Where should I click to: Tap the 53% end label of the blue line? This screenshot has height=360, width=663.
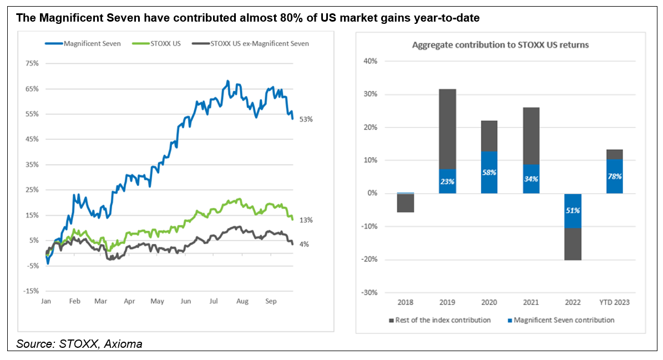pyautogui.click(x=306, y=119)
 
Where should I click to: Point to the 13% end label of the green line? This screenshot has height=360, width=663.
pyautogui.click(x=306, y=220)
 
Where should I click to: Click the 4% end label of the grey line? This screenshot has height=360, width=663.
pyautogui.click(x=305, y=244)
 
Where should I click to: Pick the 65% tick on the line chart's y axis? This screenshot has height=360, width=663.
pyautogui.click(x=32, y=89)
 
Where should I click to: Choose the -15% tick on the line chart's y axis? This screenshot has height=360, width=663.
pyautogui.click(x=31, y=291)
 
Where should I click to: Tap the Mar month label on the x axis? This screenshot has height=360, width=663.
pyautogui.click(x=100, y=301)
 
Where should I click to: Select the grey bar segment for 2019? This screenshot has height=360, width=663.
pyautogui.click(x=447, y=129)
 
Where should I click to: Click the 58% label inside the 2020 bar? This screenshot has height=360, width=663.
pyautogui.click(x=489, y=173)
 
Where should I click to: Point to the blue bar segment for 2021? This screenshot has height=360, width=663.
pyautogui.click(x=531, y=179)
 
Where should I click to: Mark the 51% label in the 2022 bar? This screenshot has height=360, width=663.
pyautogui.click(x=573, y=210)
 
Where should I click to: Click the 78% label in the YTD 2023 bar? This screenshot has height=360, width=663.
pyautogui.click(x=614, y=176)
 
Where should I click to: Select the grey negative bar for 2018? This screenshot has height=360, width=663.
pyautogui.click(x=406, y=203)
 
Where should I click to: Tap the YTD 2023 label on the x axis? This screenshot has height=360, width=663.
pyautogui.click(x=614, y=302)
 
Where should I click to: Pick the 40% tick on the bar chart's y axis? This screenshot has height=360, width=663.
pyautogui.click(x=371, y=61)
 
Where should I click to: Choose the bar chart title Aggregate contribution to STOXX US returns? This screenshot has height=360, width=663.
pyautogui.click(x=500, y=45)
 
